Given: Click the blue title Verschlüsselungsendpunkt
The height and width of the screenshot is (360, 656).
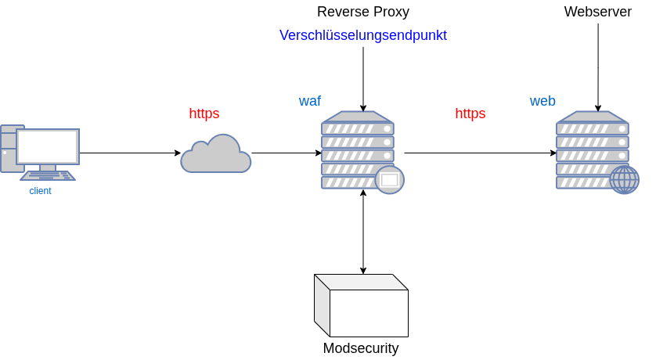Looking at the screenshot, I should (x=363, y=36).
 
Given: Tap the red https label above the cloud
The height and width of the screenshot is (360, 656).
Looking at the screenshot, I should (x=204, y=113).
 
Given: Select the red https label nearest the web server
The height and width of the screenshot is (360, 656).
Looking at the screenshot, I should (x=470, y=113).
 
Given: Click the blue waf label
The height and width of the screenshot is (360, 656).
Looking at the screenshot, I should (x=310, y=101).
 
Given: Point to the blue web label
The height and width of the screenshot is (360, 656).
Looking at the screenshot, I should (x=542, y=101).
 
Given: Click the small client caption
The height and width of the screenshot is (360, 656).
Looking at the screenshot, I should (x=41, y=191).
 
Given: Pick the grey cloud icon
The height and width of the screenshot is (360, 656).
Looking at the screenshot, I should (x=215, y=155).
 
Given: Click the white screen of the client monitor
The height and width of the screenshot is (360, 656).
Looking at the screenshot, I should (x=48, y=146).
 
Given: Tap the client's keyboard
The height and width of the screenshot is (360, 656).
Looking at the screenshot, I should (x=48, y=176).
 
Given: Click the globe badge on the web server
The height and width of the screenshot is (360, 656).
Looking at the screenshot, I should (x=624, y=180).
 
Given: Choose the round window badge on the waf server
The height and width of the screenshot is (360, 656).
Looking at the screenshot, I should (x=389, y=180).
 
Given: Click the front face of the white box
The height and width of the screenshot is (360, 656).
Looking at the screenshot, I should (x=369, y=313).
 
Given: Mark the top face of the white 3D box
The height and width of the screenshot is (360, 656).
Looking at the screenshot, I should (x=361, y=282).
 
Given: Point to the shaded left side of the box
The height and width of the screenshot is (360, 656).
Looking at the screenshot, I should (x=322, y=305).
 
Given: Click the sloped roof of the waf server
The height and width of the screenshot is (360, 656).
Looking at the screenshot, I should (x=357, y=117).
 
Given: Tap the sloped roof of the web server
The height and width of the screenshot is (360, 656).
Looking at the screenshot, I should (x=592, y=117).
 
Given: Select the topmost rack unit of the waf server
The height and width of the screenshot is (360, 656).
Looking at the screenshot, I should (x=357, y=129).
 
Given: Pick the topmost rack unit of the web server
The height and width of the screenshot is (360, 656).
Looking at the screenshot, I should (x=592, y=129).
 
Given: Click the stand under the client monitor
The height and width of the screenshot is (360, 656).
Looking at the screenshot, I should (x=48, y=167).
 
